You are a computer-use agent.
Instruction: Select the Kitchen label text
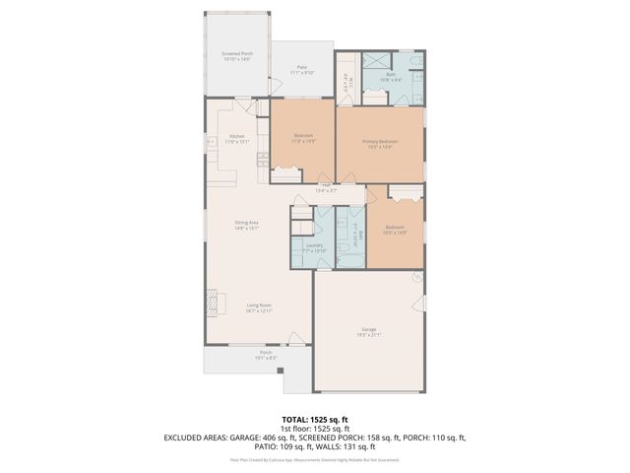click(237, 136)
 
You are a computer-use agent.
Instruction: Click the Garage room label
click(367, 329)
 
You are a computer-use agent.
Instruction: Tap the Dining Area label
click(246, 223)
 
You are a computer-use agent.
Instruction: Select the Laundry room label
click(314, 245)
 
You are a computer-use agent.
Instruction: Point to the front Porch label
click(265, 352)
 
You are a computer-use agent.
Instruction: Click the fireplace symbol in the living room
click(212, 301)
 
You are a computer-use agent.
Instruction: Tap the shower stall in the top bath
click(375, 60)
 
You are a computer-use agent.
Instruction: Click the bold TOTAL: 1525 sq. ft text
click(314, 419)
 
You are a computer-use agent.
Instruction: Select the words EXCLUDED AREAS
click(196, 437)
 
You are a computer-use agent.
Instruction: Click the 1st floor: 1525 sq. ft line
click(314, 428)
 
